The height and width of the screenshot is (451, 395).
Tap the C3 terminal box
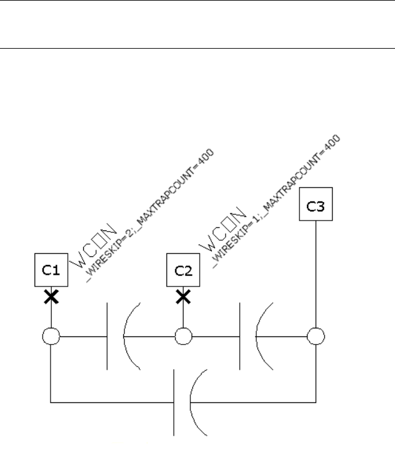point(316,208)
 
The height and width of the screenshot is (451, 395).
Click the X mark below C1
point(51,297)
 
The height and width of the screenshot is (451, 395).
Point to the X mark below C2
point(183,297)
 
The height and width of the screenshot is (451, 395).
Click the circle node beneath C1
point(51,337)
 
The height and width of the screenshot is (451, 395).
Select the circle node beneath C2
point(183,337)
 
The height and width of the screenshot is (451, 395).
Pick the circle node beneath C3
point(316,337)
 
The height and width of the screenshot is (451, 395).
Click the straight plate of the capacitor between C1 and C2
point(107,336)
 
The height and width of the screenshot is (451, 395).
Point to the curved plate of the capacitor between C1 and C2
point(126,336)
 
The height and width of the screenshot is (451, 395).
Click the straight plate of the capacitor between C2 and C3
point(239,336)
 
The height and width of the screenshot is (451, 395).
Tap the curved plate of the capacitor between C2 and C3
point(258,336)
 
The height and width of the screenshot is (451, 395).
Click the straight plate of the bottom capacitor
point(174,402)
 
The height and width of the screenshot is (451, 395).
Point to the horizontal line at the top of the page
point(197,48)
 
